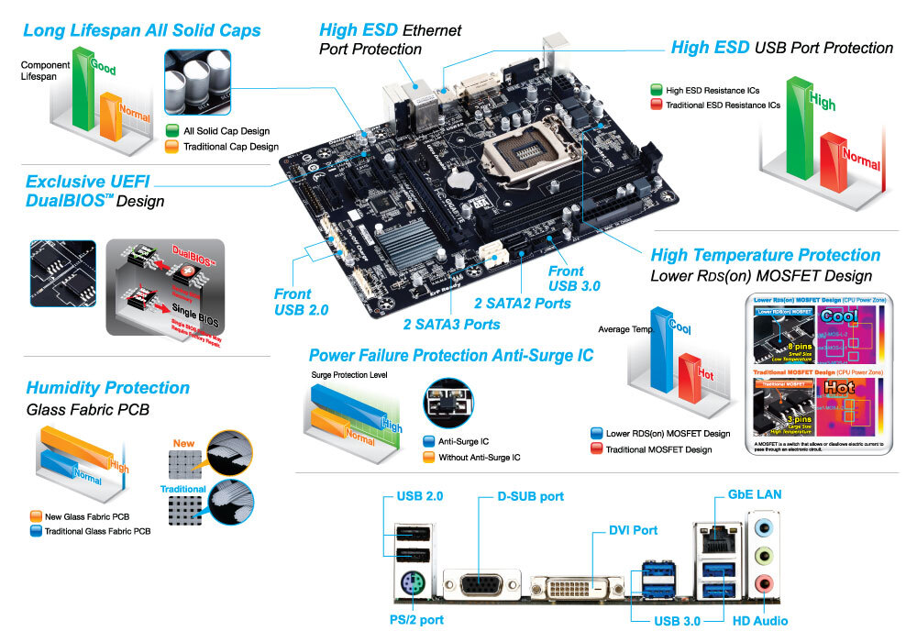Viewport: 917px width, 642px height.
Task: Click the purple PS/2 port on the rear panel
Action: (411, 584)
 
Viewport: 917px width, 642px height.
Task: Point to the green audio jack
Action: (762, 555)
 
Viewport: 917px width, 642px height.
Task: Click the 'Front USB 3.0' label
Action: (574, 278)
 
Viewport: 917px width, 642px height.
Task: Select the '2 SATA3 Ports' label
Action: (452, 324)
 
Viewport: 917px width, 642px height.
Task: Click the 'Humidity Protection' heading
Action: (107, 388)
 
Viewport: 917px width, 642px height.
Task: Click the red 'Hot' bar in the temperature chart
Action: (691, 384)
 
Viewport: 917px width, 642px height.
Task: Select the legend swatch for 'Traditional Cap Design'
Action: (172, 146)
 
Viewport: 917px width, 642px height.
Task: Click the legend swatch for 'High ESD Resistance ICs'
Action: (656, 90)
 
